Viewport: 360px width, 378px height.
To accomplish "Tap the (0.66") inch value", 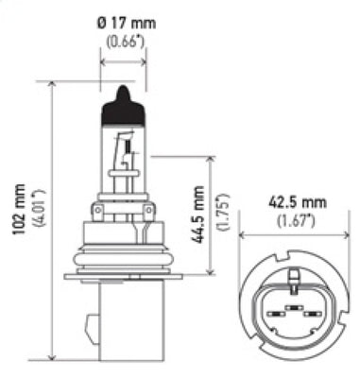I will coord(125,43).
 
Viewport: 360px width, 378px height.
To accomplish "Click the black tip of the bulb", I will coord(123,102).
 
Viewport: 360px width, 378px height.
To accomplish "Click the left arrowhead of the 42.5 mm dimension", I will coord(242,236).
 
